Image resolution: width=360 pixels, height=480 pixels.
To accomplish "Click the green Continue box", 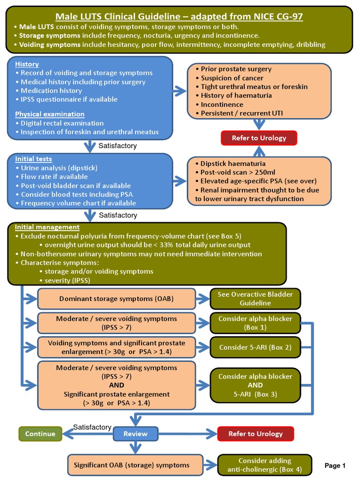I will coord(40,434).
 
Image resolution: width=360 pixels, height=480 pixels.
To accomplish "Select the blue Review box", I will coord(135,434).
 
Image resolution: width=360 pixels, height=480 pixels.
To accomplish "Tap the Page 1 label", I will coord(335,465).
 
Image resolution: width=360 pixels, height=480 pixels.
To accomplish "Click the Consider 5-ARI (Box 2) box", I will coord(255,347).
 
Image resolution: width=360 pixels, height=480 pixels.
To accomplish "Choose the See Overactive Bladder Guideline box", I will coord(255,299).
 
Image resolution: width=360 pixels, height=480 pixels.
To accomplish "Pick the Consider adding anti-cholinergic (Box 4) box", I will coord(264,465).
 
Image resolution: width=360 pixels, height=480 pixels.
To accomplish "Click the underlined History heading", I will coord(27,64).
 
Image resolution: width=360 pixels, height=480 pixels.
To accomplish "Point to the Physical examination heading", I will coord(50,114).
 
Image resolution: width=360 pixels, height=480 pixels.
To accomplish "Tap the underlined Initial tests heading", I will coord(33,159).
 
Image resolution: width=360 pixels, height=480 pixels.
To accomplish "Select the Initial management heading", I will coord(47,227).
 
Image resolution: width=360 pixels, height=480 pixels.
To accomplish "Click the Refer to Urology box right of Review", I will coord(255,434).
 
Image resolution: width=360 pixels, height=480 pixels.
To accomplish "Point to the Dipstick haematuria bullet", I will coord(232,164).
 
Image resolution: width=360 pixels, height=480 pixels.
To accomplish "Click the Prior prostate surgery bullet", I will coord(236,69).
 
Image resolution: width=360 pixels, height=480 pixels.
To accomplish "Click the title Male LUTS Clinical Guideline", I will coord(179,17).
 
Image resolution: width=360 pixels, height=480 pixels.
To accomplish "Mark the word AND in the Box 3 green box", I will coord(255,385).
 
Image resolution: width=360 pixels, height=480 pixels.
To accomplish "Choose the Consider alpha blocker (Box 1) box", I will coord(255,323).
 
